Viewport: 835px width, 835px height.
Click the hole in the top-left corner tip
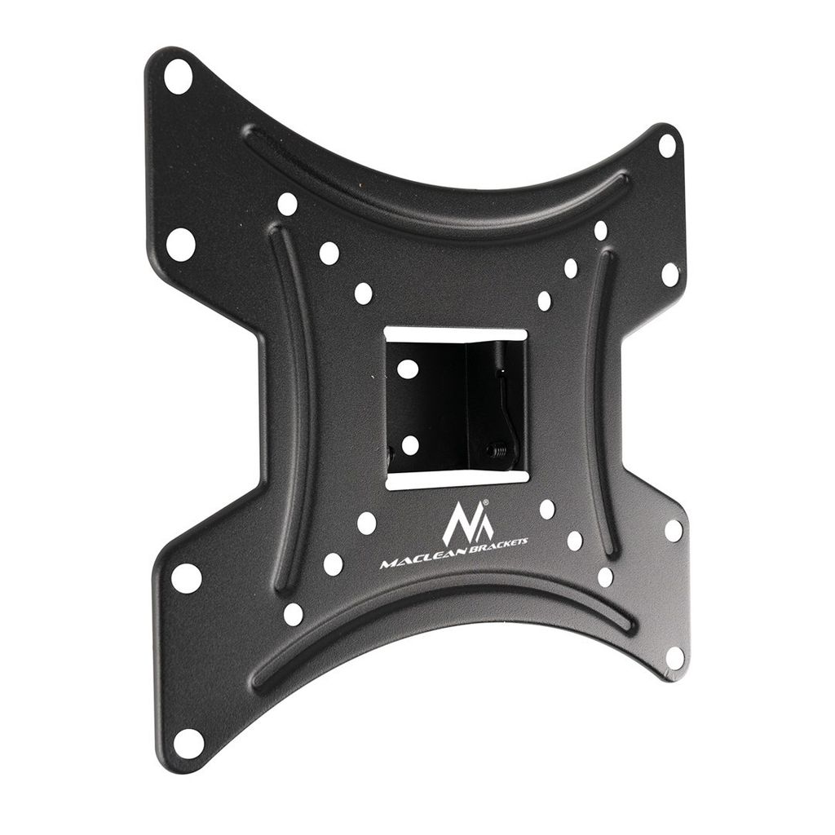pyautogui.click(x=178, y=76)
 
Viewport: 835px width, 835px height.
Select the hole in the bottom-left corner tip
pyautogui.click(x=188, y=743)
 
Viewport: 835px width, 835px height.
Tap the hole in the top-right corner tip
pyautogui.click(x=667, y=146)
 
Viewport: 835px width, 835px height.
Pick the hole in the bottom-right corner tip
pyautogui.click(x=675, y=656)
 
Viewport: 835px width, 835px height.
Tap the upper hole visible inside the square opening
pyautogui.click(x=408, y=369)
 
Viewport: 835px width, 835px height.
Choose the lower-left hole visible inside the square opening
pyautogui.click(x=409, y=445)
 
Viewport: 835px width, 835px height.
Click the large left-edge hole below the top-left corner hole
pyautogui.click(x=180, y=244)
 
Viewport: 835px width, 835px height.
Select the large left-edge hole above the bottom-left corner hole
pyautogui.click(x=186, y=577)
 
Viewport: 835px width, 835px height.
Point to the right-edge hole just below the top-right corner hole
pyautogui.click(x=670, y=274)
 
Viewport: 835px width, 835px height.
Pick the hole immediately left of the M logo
pyautogui.click(x=367, y=523)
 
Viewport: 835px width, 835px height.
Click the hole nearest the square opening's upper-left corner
pyautogui.click(x=363, y=293)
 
